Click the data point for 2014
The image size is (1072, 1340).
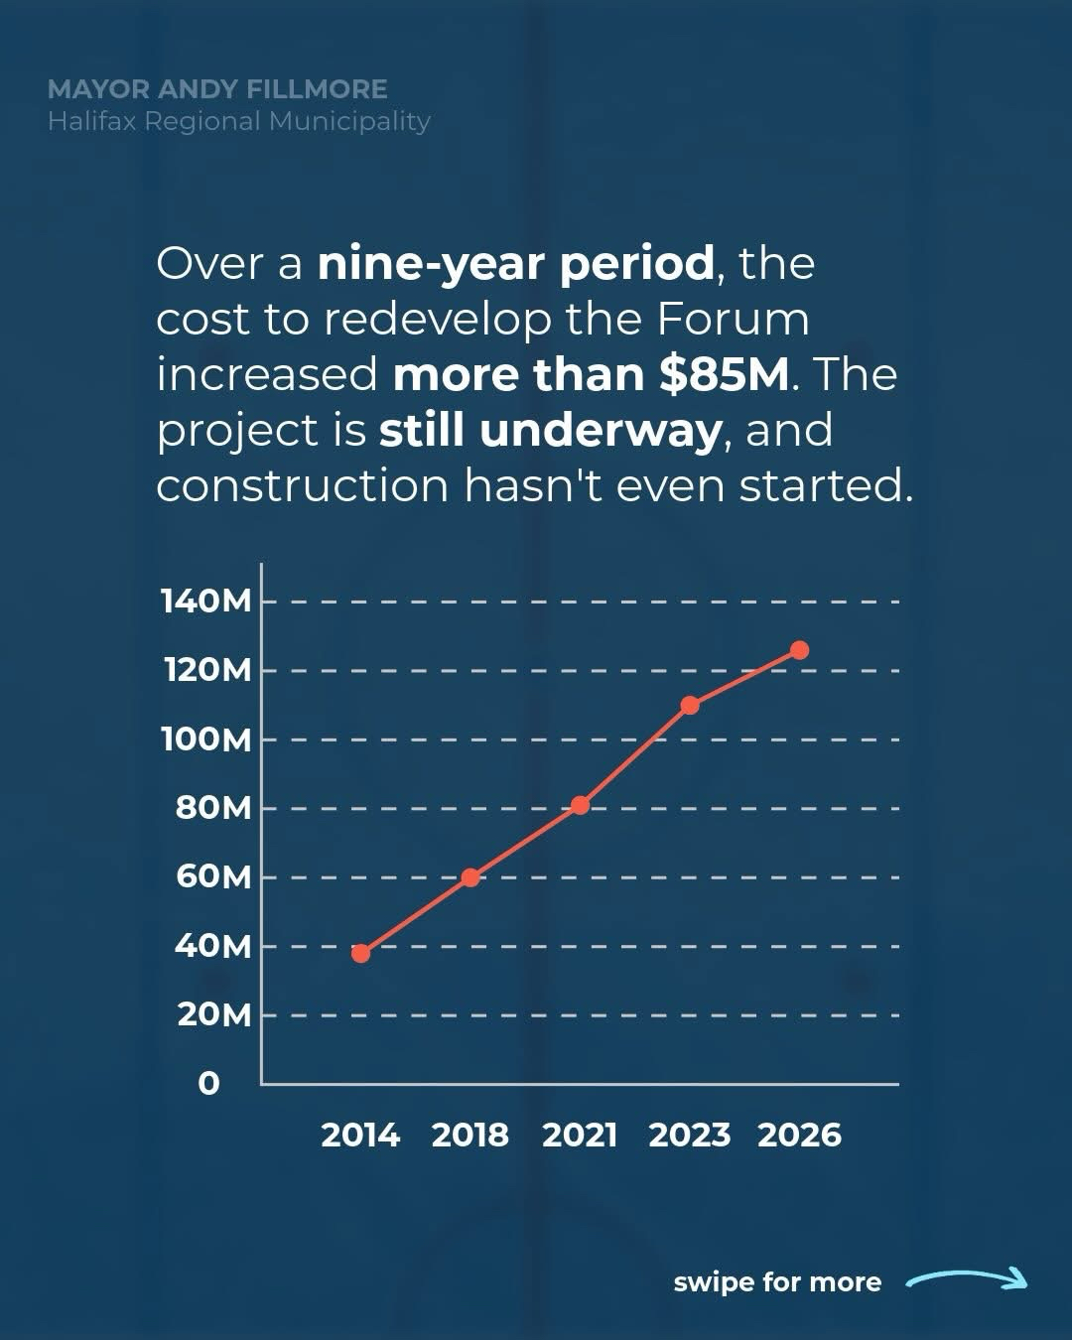pyautogui.click(x=361, y=953)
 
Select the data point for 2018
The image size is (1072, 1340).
pyautogui.click(x=470, y=877)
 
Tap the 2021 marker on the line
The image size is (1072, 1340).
pyautogui.click(x=581, y=805)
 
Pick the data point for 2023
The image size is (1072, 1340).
pyautogui.click(x=690, y=705)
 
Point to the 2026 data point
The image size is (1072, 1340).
pyautogui.click(x=799, y=650)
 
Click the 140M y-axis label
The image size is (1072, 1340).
pyautogui.click(x=206, y=601)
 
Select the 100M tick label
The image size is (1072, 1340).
pyautogui.click(x=206, y=738)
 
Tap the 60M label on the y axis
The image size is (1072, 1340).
pyautogui.click(x=213, y=876)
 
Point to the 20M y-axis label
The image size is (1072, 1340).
pyautogui.click(x=213, y=1014)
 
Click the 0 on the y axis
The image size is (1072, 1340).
pyautogui.click(x=208, y=1083)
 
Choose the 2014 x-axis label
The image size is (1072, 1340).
pyautogui.click(x=360, y=1135)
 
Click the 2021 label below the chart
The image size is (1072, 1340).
pyautogui.click(x=580, y=1135)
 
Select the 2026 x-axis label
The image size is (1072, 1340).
pyautogui.click(x=799, y=1135)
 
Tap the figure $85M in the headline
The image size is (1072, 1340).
pyautogui.click(x=724, y=374)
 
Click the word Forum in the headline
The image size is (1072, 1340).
pyautogui.click(x=733, y=319)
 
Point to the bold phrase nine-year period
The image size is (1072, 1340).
pyautogui.click(x=515, y=263)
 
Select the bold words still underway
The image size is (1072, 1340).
pyautogui.click(x=550, y=430)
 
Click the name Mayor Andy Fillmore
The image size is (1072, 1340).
pyautogui.click(x=217, y=89)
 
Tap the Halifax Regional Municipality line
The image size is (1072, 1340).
pyautogui.click(x=239, y=121)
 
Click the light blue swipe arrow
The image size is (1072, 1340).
pyautogui.click(x=967, y=1280)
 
